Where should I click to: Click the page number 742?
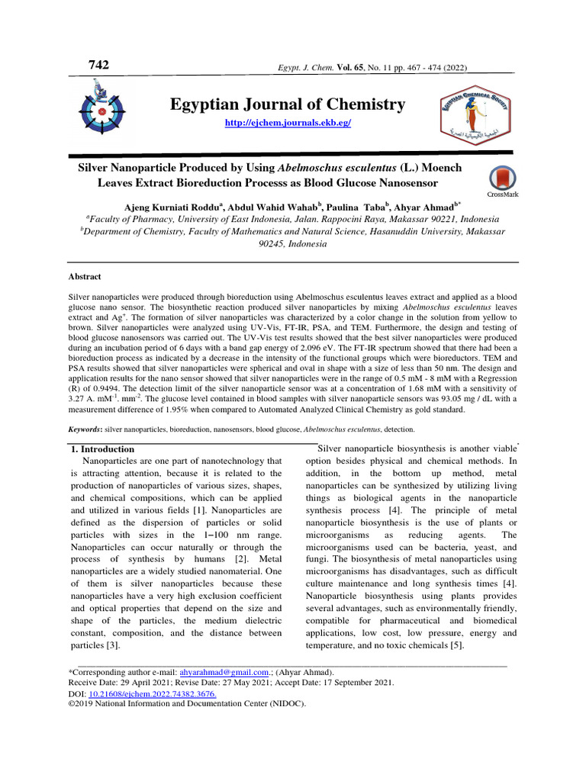[x=99, y=66]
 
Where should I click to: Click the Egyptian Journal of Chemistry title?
[x=288, y=105]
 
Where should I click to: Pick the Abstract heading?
[x=85, y=277]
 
